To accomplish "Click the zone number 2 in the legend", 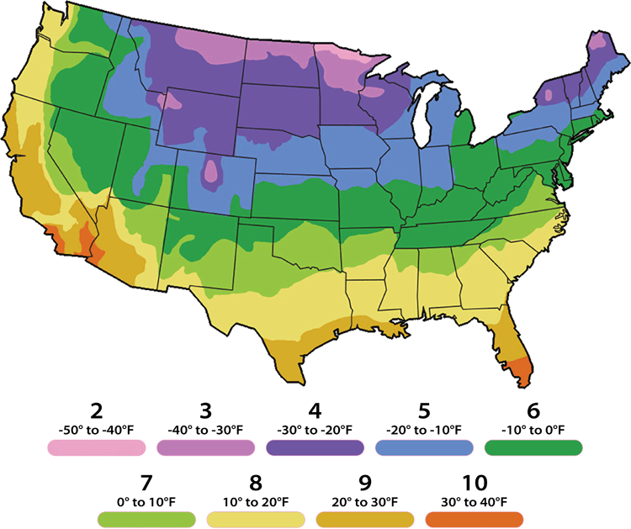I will tap(96, 411).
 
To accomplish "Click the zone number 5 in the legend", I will tap(425, 411).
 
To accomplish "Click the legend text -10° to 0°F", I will tap(534, 430).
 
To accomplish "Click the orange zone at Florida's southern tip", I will tap(522, 371).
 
